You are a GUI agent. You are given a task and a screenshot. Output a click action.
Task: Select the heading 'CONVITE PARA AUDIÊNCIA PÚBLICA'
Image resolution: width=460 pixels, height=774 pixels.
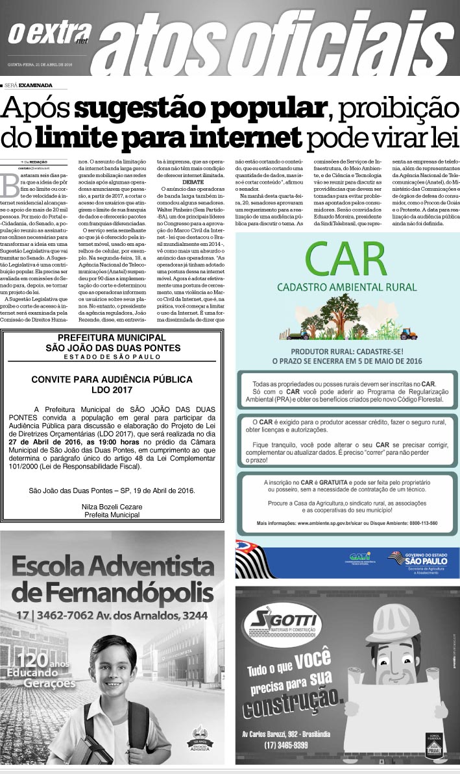(x=112, y=379)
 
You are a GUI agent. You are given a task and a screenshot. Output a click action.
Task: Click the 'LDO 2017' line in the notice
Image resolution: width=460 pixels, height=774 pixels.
(x=112, y=390)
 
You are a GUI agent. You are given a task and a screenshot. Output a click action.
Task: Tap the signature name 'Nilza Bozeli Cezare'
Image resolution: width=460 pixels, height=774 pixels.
(x=112, y=505)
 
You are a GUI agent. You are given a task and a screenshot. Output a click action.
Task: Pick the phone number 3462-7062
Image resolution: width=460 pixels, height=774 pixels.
(x=67, y=614)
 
